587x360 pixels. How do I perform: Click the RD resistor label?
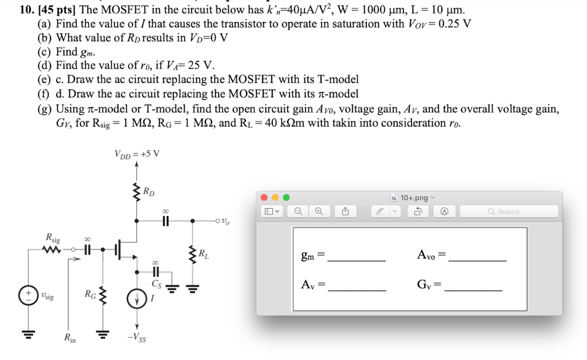pyautogui.click(x=148, y=191)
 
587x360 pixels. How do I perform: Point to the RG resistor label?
pyautogui.click(x=91, y=295)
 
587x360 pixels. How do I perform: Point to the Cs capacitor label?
pyautogui.click(x=156, y=283)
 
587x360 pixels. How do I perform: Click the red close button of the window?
pyautogui.click(x=264, y=198)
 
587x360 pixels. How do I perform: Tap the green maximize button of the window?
pyautogui.click(x=285, y=198)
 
